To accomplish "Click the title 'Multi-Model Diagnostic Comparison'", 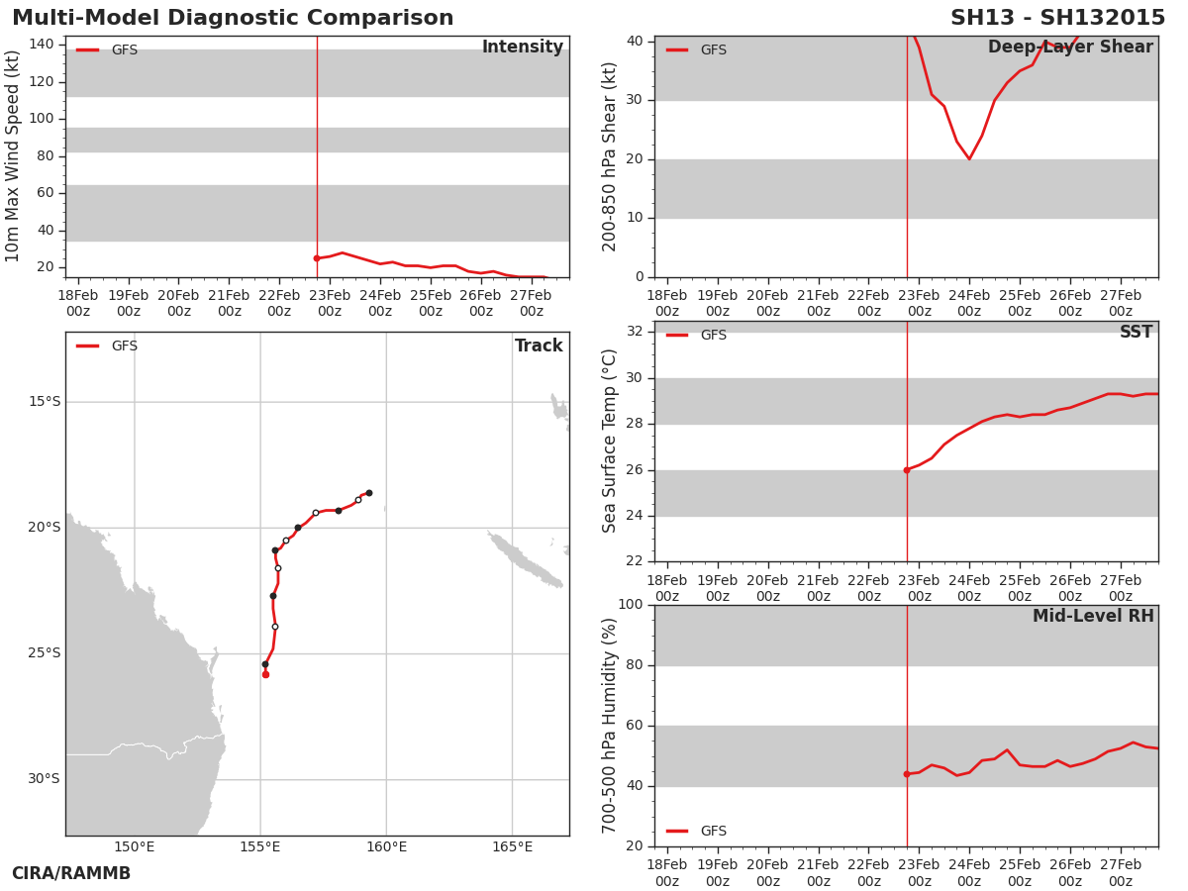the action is [233, 18].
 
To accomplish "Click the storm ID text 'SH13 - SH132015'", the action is [1057, 18].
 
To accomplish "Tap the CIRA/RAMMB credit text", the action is [71, 873].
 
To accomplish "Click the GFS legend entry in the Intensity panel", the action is [107, 49].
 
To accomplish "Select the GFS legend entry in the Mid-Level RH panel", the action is [696, 831].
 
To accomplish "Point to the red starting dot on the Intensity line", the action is [317, 258].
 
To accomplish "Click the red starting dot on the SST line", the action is [907, 470].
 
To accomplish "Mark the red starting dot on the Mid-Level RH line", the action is [907, 774].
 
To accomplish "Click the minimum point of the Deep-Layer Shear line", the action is [969, 158].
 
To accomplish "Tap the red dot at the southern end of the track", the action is [265, 674].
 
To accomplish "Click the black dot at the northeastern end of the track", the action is [369, 493].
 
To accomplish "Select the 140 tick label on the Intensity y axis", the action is [42, 44].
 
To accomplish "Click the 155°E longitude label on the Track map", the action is [260, 846].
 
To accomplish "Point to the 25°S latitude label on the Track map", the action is [44, 653].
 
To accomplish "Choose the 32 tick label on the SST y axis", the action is [635, 331].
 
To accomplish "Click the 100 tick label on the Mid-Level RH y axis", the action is [631, 604].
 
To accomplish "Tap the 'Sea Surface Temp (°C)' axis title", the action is [609, 441].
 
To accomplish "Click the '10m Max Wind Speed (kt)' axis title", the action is [12, 155].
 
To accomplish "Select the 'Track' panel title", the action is [539, 346].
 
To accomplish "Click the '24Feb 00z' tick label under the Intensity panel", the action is [380, 303].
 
